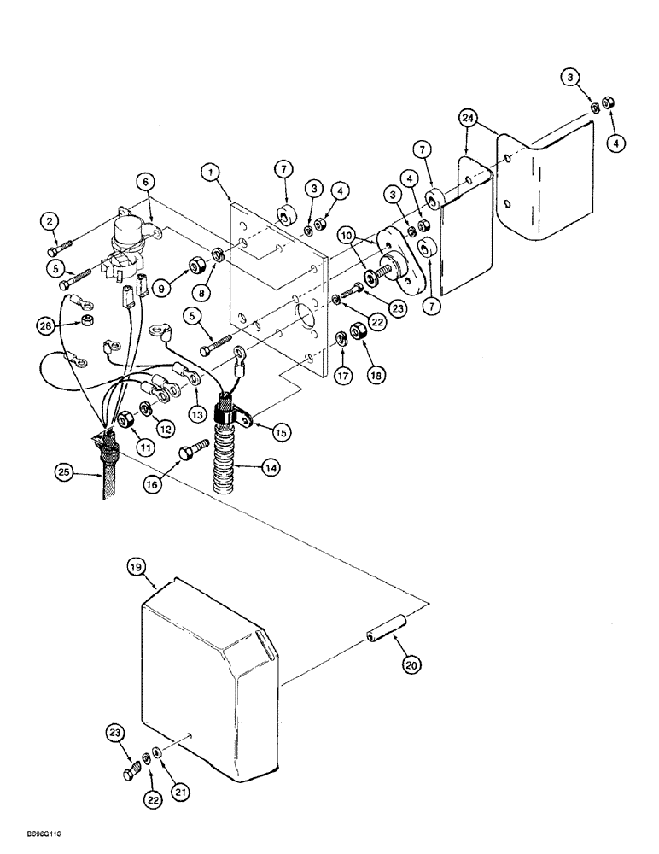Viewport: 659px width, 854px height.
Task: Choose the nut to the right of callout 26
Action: (86, 322)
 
